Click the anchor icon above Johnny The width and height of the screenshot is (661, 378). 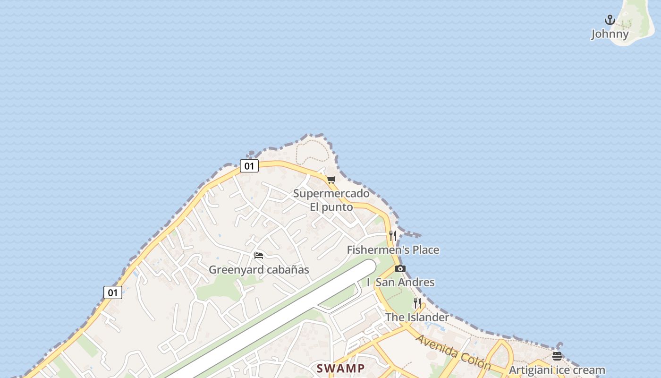pyautogui.click(x=610, y=20)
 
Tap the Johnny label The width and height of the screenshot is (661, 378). pyautogui.click(x=610, y=34)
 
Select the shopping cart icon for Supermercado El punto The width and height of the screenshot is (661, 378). pyautogui.click(x=331, y=180)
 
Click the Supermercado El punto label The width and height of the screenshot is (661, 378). pyautogui.click(x=331, y=200)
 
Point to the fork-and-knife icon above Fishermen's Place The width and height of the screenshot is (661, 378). pyautogui.click(x=392, y=235)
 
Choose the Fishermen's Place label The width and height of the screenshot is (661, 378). pyautogui.click(x=393, y=250)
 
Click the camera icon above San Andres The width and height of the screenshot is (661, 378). pyautogui.click(x=400, y=268)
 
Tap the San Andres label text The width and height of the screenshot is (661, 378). pyautogui.click(x=405, y=282)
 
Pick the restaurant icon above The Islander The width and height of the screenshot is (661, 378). pyautogui.click(x=417, y=303)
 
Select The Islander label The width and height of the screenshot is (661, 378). pyautogui.click(x=417, y=317)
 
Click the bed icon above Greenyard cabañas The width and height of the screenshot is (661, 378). pyautogui.click(x=258, y=256)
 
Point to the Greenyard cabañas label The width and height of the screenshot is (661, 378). pyautogui.click(x=259, y=270)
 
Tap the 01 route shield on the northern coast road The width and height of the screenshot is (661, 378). pyautogui.click(x=249, y=166)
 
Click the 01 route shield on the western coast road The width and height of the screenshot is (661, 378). pyautogui.click(x=112, y=292)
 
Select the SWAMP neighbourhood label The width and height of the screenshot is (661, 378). pyautogui.click(x=340, y=368)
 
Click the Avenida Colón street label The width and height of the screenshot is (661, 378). pyautogui.click(x=454, y=352)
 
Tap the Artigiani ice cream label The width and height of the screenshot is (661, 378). pyautogui.click(x=557, y=370)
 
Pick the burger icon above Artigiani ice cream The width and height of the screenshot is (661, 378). pyautogui.click(x=557, y=356)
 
